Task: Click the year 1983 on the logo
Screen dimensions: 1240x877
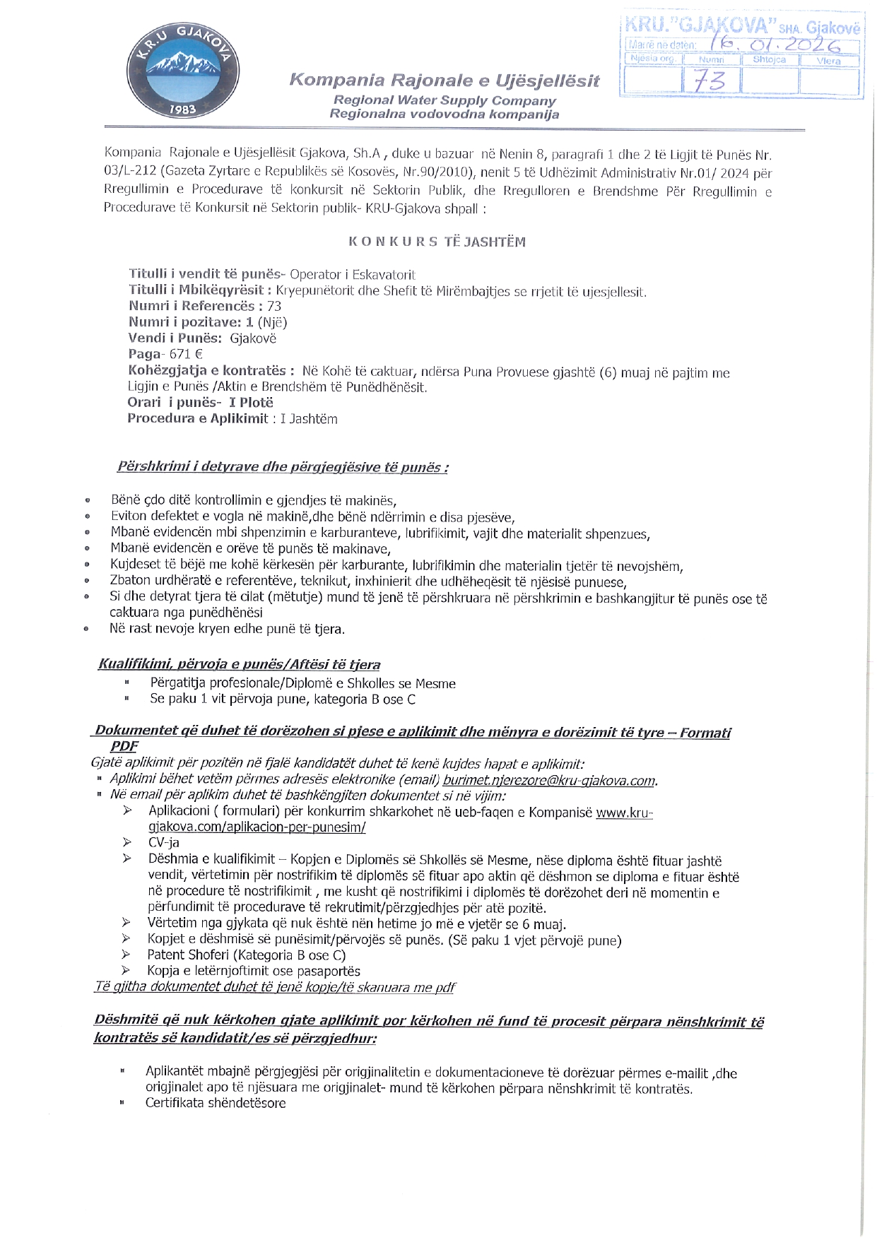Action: point(183,110)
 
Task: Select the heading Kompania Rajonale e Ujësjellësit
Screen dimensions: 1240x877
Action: point(444,80)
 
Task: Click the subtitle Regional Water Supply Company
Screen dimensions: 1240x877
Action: point(445,100)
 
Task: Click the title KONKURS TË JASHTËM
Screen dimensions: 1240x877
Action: point(437,242)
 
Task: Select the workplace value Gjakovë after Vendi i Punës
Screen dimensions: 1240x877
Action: point(253,338)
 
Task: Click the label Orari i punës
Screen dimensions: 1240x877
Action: point(172,402)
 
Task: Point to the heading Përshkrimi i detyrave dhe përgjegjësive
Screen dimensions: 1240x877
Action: point(283,467)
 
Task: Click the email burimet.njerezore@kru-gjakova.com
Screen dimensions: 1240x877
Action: point(549,780)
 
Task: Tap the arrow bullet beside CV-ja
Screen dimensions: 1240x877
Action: point(127,842)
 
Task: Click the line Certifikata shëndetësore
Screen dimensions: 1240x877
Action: point(216,1103)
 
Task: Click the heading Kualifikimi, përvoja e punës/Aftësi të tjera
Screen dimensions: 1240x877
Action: point(239,664)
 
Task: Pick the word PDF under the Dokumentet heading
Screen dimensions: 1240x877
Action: point(124,745)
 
